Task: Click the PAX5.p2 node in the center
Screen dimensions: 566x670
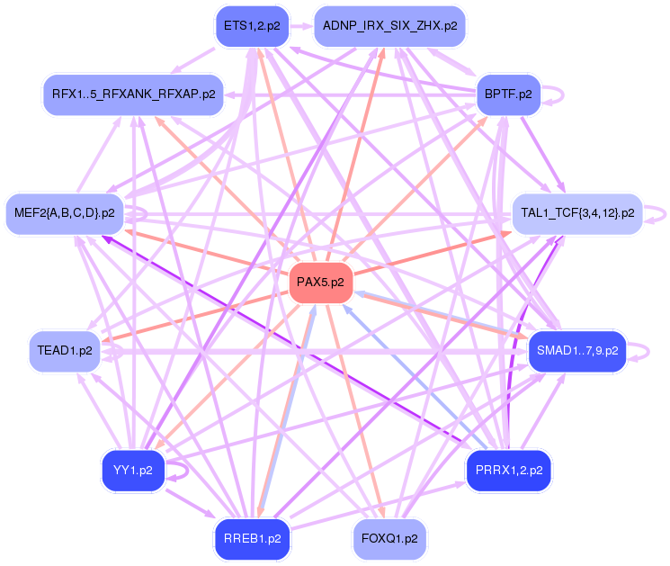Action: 321,283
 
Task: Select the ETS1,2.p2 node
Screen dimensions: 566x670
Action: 252,26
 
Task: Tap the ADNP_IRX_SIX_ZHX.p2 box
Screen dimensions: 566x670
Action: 389,26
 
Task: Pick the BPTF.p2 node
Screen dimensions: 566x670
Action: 507,94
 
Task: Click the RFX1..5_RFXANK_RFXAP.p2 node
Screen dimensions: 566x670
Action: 133,94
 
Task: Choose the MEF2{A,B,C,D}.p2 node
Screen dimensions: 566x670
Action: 65,213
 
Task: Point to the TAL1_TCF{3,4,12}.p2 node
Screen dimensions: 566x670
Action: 576,214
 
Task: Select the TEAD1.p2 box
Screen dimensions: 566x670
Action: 66,350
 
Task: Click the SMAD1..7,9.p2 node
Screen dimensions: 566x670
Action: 576,350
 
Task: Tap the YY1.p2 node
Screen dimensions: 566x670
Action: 133,470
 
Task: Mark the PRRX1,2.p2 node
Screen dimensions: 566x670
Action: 508,470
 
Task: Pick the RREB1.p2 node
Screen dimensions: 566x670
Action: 252,539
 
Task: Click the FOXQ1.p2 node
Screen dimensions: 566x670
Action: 389,539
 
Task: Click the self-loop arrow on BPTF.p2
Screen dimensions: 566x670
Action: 558,93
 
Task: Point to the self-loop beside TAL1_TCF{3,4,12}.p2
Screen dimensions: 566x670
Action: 661,214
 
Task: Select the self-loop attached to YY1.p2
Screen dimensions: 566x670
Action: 183,469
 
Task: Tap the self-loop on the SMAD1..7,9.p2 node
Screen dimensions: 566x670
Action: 638,350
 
